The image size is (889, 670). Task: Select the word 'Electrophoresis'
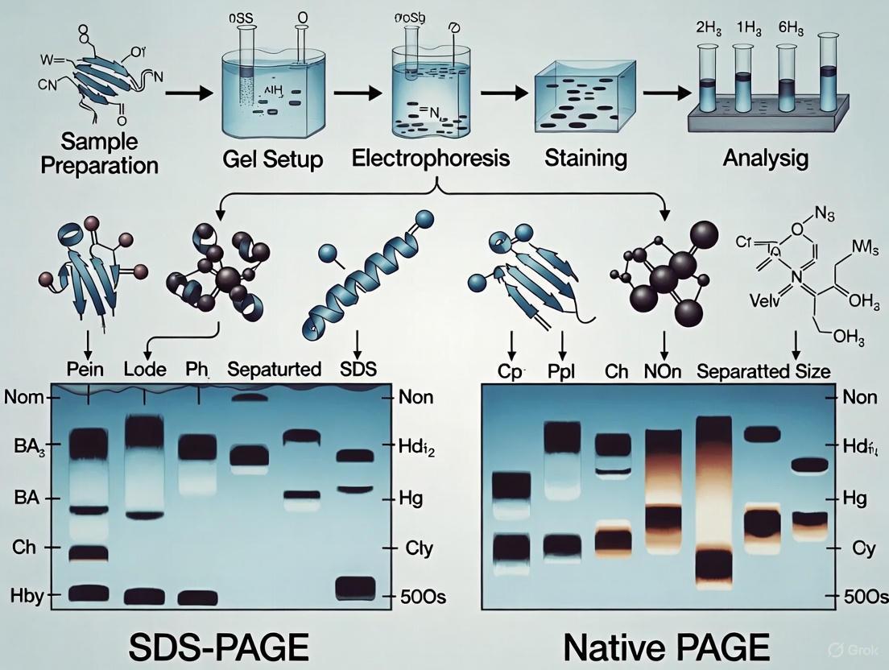(x=431, y=158)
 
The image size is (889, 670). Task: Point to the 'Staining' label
(x=585, y=158)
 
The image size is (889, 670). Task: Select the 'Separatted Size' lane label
(x=763, y=372)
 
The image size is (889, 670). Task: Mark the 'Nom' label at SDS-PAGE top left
(x=22, y=396)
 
